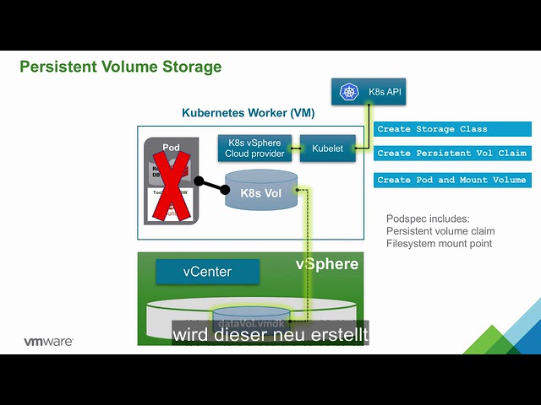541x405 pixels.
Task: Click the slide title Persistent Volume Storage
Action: [x=120, y=67]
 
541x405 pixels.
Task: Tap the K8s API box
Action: [x=369, y=91]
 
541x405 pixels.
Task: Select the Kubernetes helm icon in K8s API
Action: [x=348, y=92]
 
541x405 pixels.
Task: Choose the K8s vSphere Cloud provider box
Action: [x=253, y=148]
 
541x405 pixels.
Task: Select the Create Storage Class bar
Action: [x=452, y=129]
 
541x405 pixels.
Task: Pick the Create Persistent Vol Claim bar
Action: [x=452, y=154]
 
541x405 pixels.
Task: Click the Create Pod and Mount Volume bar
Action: [x=452, y=180]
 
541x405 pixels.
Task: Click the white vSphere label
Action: [x=326, y=264]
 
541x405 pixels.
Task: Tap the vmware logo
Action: [x=47, y=342]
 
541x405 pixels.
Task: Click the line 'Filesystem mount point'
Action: [x=440, y=244]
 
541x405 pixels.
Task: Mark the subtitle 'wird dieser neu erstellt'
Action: [x=270, y=335]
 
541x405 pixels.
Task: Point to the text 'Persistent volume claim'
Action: [x=440, y=231]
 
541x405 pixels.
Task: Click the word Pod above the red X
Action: [x=171, y=148]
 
